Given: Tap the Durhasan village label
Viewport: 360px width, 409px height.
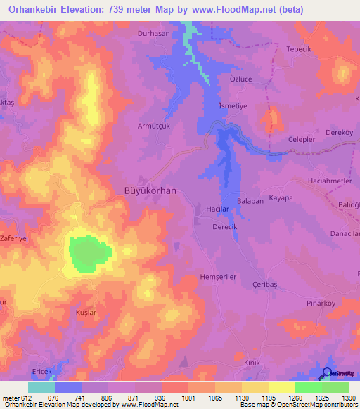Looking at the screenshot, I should click(153, 32).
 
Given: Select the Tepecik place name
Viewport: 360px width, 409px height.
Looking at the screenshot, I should click(299, 49).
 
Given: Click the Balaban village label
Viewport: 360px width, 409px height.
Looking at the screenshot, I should click(250, 200).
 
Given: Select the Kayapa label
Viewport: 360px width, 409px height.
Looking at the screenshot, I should click(281, 199).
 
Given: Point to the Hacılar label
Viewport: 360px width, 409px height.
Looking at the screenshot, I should click(218, 209).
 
